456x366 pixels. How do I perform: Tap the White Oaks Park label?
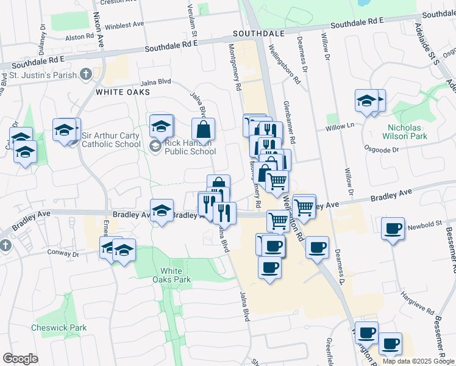176,275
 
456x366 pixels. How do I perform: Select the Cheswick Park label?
59,328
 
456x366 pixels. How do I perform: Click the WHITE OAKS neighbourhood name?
123,92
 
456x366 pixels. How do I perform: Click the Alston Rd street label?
79,37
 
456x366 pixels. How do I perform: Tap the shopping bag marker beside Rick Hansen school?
203,129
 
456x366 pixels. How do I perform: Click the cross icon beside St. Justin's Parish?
86,75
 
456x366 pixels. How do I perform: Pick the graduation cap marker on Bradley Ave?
162,211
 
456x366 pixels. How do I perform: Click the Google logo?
20,358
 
